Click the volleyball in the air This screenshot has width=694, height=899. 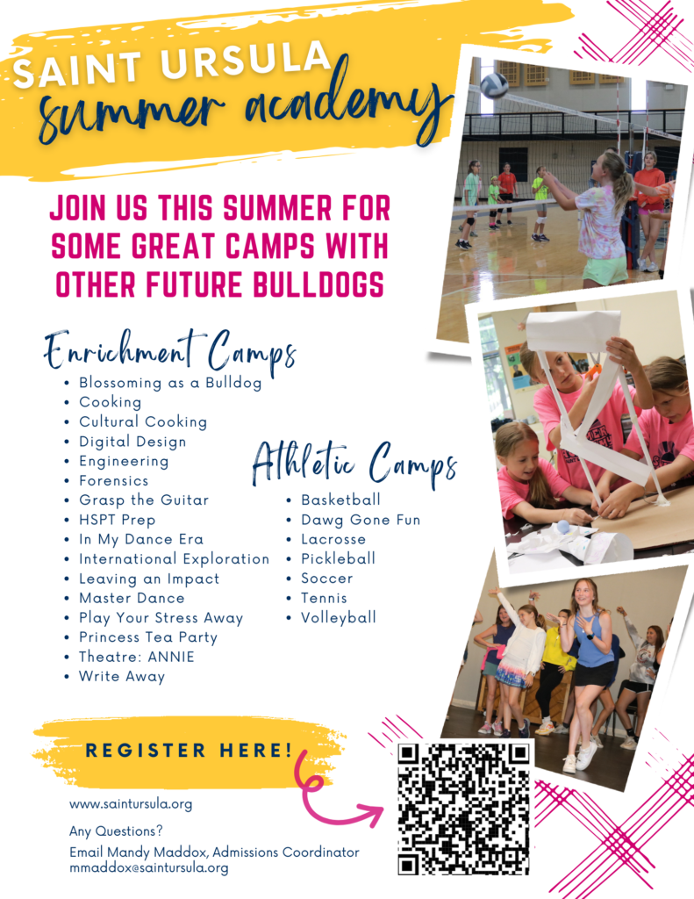(493, 86)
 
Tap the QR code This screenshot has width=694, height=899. (463, 809)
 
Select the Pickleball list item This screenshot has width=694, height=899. (338, 559)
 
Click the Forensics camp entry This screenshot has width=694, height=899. (113, 481)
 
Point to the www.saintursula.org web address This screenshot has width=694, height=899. (131, 804)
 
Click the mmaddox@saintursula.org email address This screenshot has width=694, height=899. (149, 868)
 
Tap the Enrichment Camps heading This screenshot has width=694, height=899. (170, 351)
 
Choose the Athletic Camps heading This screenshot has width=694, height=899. (354, 465)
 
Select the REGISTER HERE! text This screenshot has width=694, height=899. (189, 750)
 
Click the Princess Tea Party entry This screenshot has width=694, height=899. (148, 638)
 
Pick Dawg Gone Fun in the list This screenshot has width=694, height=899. (361, 520)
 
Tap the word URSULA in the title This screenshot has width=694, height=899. (246, 61)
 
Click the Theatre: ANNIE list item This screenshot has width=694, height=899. (136, 657)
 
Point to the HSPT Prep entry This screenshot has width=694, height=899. (117, 521)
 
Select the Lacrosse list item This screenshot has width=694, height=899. (333, 540)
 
